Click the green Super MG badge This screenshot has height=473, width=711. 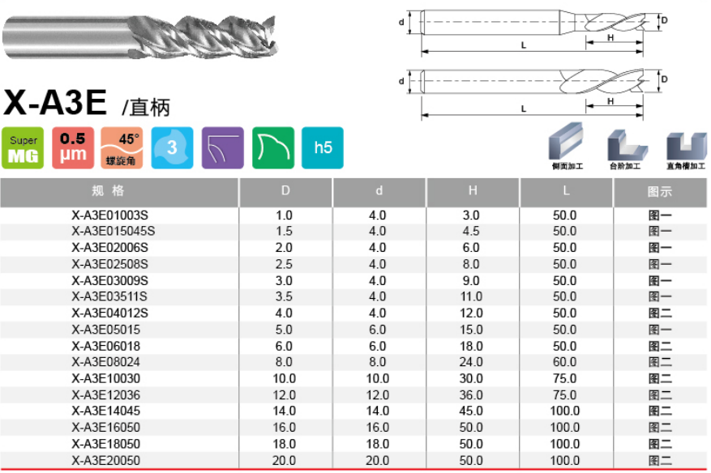23,147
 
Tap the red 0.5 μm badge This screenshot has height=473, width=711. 73,147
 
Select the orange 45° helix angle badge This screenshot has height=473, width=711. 122,147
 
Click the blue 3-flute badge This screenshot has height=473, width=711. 173,147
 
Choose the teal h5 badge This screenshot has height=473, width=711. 323,147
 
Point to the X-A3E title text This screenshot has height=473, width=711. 55,102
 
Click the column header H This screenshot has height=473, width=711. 473,191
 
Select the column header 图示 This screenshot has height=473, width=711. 660,192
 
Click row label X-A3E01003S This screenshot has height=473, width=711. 109,215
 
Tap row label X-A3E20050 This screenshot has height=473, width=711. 105,461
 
